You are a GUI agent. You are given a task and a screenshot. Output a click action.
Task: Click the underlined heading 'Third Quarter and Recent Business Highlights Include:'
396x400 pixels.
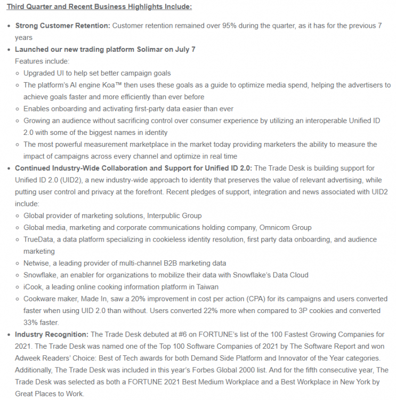pos(99,7)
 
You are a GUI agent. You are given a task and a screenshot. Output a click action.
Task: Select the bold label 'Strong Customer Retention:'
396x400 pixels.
pos(63,26)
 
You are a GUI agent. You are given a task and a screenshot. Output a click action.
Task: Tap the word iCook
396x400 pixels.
pos(34,287)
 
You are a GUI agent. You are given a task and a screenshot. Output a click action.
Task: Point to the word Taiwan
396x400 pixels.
pos(195,287)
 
